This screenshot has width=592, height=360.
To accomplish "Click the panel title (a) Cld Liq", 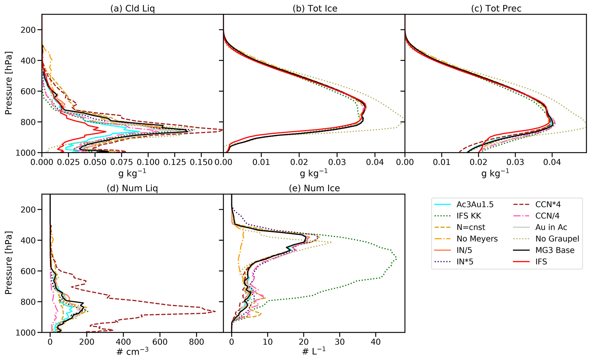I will click(x=132, y=9).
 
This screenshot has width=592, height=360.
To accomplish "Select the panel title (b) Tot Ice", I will click(x=315, y=9).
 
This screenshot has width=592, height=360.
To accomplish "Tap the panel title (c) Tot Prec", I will click(x=496, y=9).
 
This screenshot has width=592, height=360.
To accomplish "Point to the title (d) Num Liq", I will click(x=132, y=188).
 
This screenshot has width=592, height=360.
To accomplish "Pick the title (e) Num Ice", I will click(x=314, y=188).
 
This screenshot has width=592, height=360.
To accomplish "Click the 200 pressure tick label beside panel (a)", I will click(x=28, y=30).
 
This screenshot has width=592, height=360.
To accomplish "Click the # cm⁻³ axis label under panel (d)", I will click(x=132, y=351).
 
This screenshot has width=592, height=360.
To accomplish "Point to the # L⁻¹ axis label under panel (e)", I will click(x=314, y=351).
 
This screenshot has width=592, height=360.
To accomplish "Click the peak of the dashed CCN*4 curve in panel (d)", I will click(x=215, y=311).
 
